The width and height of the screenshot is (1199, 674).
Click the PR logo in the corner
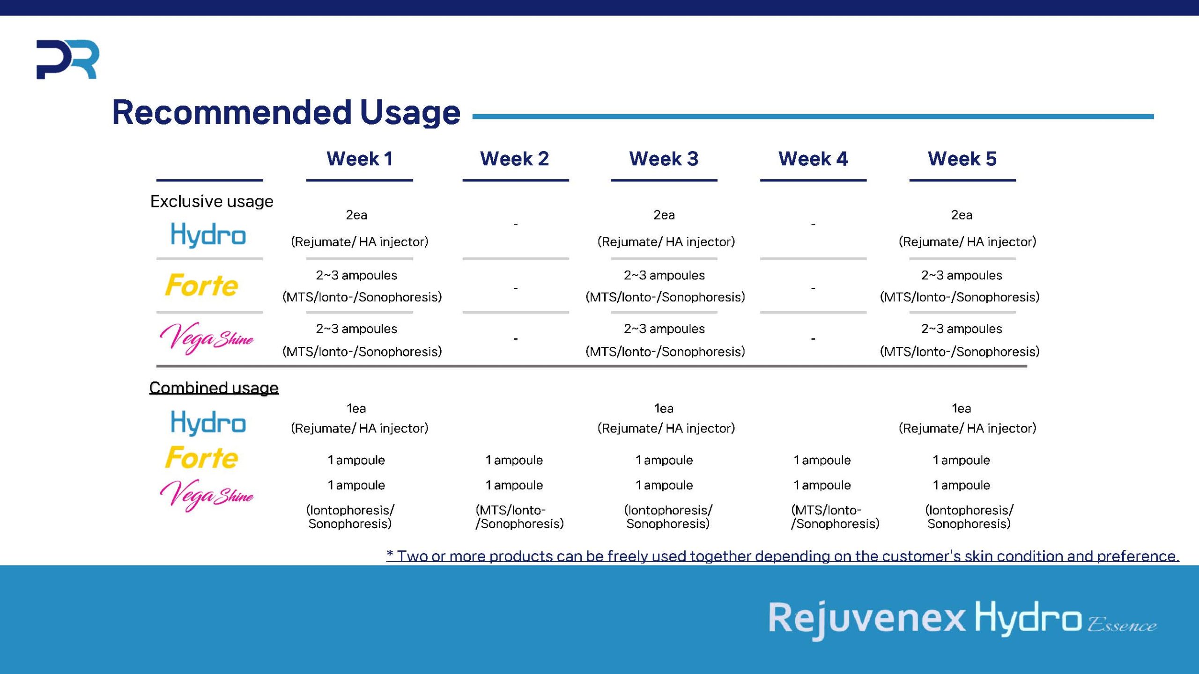click(x=67, y=59)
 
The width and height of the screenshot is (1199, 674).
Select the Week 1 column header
click(x=359, y=159)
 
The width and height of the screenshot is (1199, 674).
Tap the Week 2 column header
click(x=514, y=159)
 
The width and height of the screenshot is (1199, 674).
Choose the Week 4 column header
click(x=813, y=159)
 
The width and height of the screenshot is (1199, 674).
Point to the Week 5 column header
click(x=962, y=159)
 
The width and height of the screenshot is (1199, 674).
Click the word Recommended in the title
click(x=232, y=112)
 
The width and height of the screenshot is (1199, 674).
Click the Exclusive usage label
click(x=212, y=201)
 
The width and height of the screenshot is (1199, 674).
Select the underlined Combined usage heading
click(x=214, y=388)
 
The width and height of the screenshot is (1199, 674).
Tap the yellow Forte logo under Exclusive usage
click(x=201, y=285)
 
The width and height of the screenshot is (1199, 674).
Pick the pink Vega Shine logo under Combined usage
click(x=206, y=495)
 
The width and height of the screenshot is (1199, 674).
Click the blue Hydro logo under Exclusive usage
click(x=208, y=235)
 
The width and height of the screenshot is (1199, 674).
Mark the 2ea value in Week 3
click(x=664, y=215)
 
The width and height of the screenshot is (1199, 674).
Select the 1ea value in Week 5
click(x=962, y=409)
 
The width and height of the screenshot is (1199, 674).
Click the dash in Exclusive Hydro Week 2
click(x=516, y=224)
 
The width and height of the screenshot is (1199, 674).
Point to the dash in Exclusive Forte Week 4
click(x=813, y=288)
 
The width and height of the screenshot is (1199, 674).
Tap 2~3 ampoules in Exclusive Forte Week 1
click(x=356, y=275)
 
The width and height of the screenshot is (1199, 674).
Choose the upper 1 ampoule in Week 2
click(x=514, y=460)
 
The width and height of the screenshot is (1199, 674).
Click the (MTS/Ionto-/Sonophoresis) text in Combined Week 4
click(x=835, y=517)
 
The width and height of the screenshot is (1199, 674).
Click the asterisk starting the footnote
click(x=390, y=554)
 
